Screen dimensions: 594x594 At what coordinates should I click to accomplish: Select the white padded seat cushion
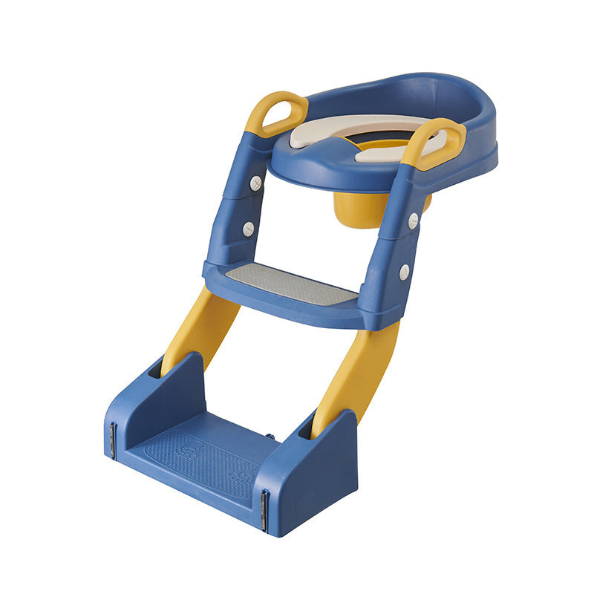point(327,130)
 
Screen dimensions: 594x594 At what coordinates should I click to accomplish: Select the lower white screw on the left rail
point(248,229)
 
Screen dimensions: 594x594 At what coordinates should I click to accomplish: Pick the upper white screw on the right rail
point(412,221)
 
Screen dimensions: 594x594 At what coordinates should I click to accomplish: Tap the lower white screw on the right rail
point(403,272)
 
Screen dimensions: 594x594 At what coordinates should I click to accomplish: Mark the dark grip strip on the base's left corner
point(113,440)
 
